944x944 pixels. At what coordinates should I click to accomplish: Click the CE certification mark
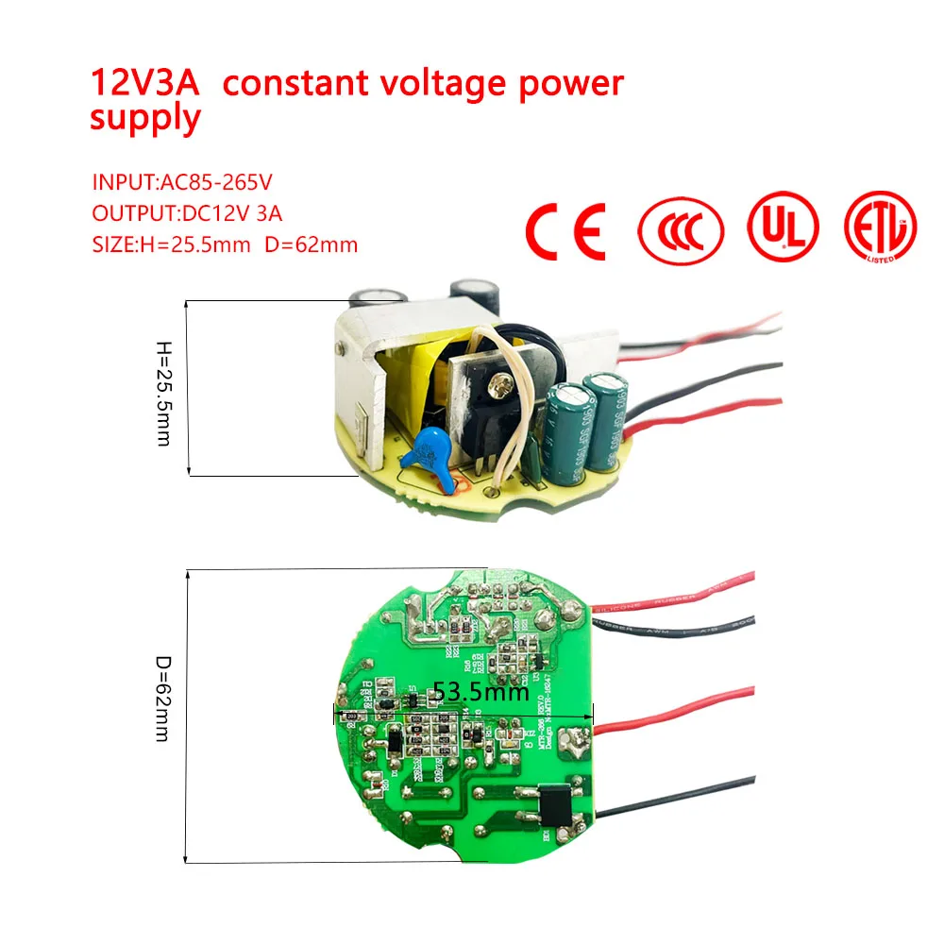click(565, 229)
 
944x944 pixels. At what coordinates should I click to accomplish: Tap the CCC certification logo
click(681, 229)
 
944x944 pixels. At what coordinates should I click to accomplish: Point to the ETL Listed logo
click(880, 228)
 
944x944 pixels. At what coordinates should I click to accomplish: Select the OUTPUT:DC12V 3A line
click(187, 213)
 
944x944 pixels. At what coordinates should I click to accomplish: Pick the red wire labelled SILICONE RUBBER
click(680, 596)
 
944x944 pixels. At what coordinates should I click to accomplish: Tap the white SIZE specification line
click(225, 244)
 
